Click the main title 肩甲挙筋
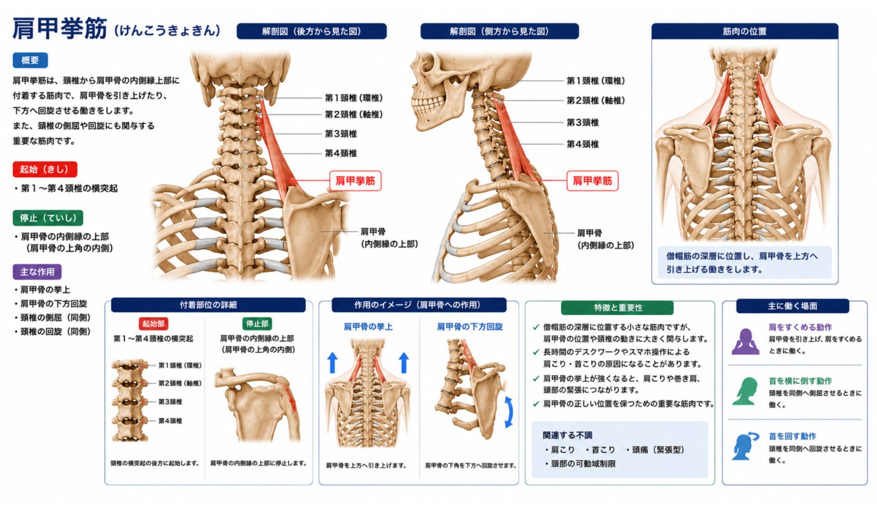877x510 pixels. coord(60,29)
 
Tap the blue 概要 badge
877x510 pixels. coord(30,60)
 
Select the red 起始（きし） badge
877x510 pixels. coord(45,169)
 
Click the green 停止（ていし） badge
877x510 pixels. coord(48,218)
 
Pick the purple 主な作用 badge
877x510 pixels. coord(37,272)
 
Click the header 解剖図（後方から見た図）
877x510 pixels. coord(312,31)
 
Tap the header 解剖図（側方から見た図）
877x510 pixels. coord(499,31)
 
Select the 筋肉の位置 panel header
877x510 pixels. coord(745,31)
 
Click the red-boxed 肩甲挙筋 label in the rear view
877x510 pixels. coord(355,181)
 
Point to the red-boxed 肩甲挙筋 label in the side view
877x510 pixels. coord(592,181)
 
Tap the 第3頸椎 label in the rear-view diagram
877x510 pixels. coord(341,134)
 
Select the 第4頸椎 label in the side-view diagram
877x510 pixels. coord(583,144)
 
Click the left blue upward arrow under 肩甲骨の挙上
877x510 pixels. coord(333,362)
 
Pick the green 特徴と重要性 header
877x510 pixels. coord(618,308)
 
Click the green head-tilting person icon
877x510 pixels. coord(745,391)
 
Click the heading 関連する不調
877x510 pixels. coord(567,435)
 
